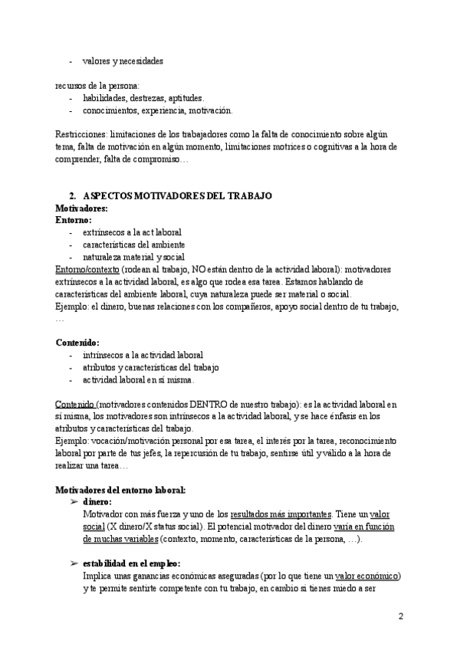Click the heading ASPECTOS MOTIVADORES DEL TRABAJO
pos(177,195)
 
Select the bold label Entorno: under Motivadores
pos(74,220)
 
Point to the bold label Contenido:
pos(78,343)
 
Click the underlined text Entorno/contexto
pos(87,270)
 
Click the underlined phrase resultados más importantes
pos(275,514)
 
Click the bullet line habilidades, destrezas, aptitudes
pos(143,98)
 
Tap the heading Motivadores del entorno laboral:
pos(121,489)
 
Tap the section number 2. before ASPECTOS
pos(72,195)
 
